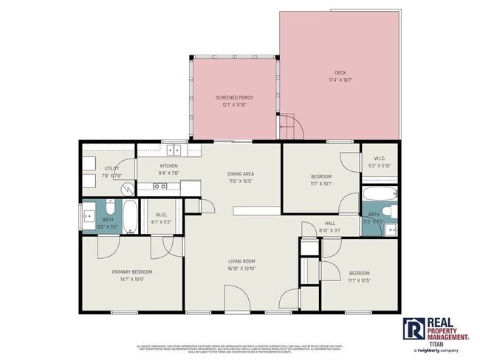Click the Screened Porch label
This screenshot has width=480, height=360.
232,101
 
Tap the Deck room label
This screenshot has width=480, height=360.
340,75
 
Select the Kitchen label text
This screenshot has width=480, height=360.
169,169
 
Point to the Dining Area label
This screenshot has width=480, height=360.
241,177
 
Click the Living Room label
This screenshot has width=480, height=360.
241,264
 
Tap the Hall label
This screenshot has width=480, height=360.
331,226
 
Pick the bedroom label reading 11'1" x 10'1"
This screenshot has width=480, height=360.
320,179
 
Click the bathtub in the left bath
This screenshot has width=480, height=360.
128,216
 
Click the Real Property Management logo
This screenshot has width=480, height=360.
436,330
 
